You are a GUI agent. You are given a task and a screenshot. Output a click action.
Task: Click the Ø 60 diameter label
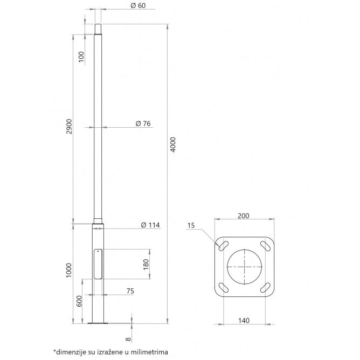click(139, 5)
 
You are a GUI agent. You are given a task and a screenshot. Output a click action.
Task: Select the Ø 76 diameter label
click(143, 123)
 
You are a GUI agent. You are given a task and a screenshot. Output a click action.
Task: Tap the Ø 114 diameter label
click(149, 224)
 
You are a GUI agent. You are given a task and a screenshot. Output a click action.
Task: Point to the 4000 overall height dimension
click(172, 145)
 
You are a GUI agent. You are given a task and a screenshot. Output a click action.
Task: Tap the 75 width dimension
click(130, 291)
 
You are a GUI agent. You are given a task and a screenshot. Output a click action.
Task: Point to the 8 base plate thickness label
click(128, 340)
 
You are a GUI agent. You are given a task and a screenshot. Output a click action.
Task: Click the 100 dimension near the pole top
click(81, 57)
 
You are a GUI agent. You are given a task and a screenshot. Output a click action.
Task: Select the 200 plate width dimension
click(243, 216)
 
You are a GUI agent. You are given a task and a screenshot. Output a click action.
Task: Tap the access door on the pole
click(98, 264)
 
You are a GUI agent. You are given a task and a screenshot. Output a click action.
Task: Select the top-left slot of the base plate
click(222, 244)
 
